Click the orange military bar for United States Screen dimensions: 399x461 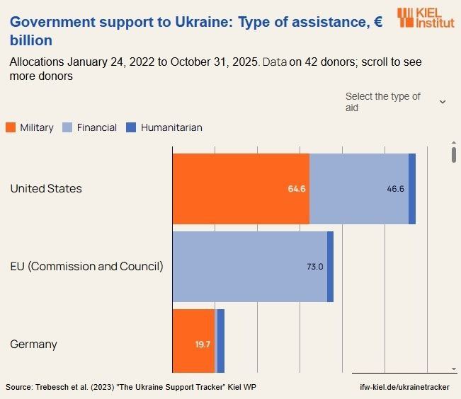click(x=241, y=189)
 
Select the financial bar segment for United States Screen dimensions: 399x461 click(x=359, y=189)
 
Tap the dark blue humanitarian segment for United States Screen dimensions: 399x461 click(x=412, y=189)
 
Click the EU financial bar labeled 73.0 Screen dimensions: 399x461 click(x=249, y=267)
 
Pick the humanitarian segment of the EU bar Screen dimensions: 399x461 click(x=330, y=267)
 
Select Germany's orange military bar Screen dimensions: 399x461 click(x=193, y=341)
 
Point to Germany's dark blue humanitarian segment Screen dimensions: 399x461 click(x=221, y=341)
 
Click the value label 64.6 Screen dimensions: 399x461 click(x=297, y=189)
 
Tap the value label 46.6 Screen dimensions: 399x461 click(x=396, y=189)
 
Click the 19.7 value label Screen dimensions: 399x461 click(x=203, y=345)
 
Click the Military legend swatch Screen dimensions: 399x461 click(x=11, y=128)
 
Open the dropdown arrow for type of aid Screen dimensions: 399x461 click(x=443, y=102)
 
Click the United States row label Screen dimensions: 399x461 click(x=46, y=189)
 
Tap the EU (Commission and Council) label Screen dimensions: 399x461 click(x=86, y=267)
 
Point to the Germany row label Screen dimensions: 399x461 click(x=33, y=345)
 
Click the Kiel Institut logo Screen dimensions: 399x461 click(x=426, y=18)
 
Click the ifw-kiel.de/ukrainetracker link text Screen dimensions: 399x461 click(x=404, y=387)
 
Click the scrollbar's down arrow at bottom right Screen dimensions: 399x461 click(x=454, y=369)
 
